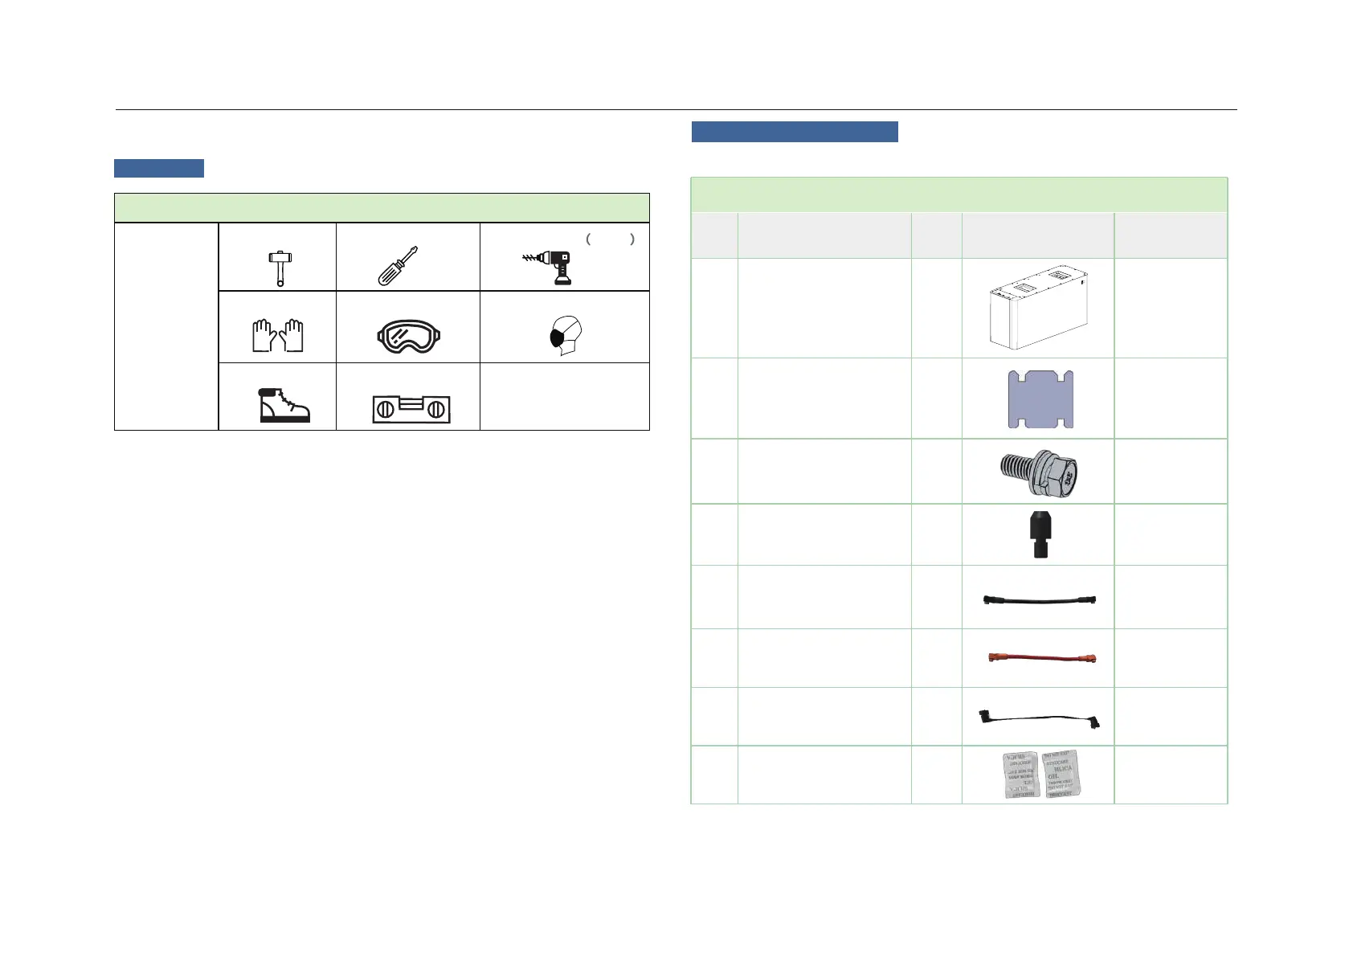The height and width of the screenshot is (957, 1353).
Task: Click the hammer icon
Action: (x=280, y=268)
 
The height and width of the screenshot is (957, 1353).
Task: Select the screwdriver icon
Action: (x=398, y=265)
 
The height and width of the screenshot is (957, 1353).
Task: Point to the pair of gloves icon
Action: (x=278, y=335)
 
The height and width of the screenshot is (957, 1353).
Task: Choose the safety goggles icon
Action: (x=409, y=336)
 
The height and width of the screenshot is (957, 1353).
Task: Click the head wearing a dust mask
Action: (x=566, y=336)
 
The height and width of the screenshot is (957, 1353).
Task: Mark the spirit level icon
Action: (x=411, y=408)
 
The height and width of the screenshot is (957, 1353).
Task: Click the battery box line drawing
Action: (x=1038, y=308)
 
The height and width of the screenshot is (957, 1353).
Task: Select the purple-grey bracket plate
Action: (x=1040, y=399)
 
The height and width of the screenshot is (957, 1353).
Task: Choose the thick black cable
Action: (x=1040, y=599)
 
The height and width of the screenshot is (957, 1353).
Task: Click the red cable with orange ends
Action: (x=1041, y=658)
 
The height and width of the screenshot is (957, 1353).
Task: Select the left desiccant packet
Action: (x=1021, y=775)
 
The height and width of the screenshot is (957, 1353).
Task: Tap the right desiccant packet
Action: (x=1061, y=773)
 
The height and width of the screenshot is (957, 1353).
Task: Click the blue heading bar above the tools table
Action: (x=159, y=168)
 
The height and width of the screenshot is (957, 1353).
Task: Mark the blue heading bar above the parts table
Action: (x=795, y=132)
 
